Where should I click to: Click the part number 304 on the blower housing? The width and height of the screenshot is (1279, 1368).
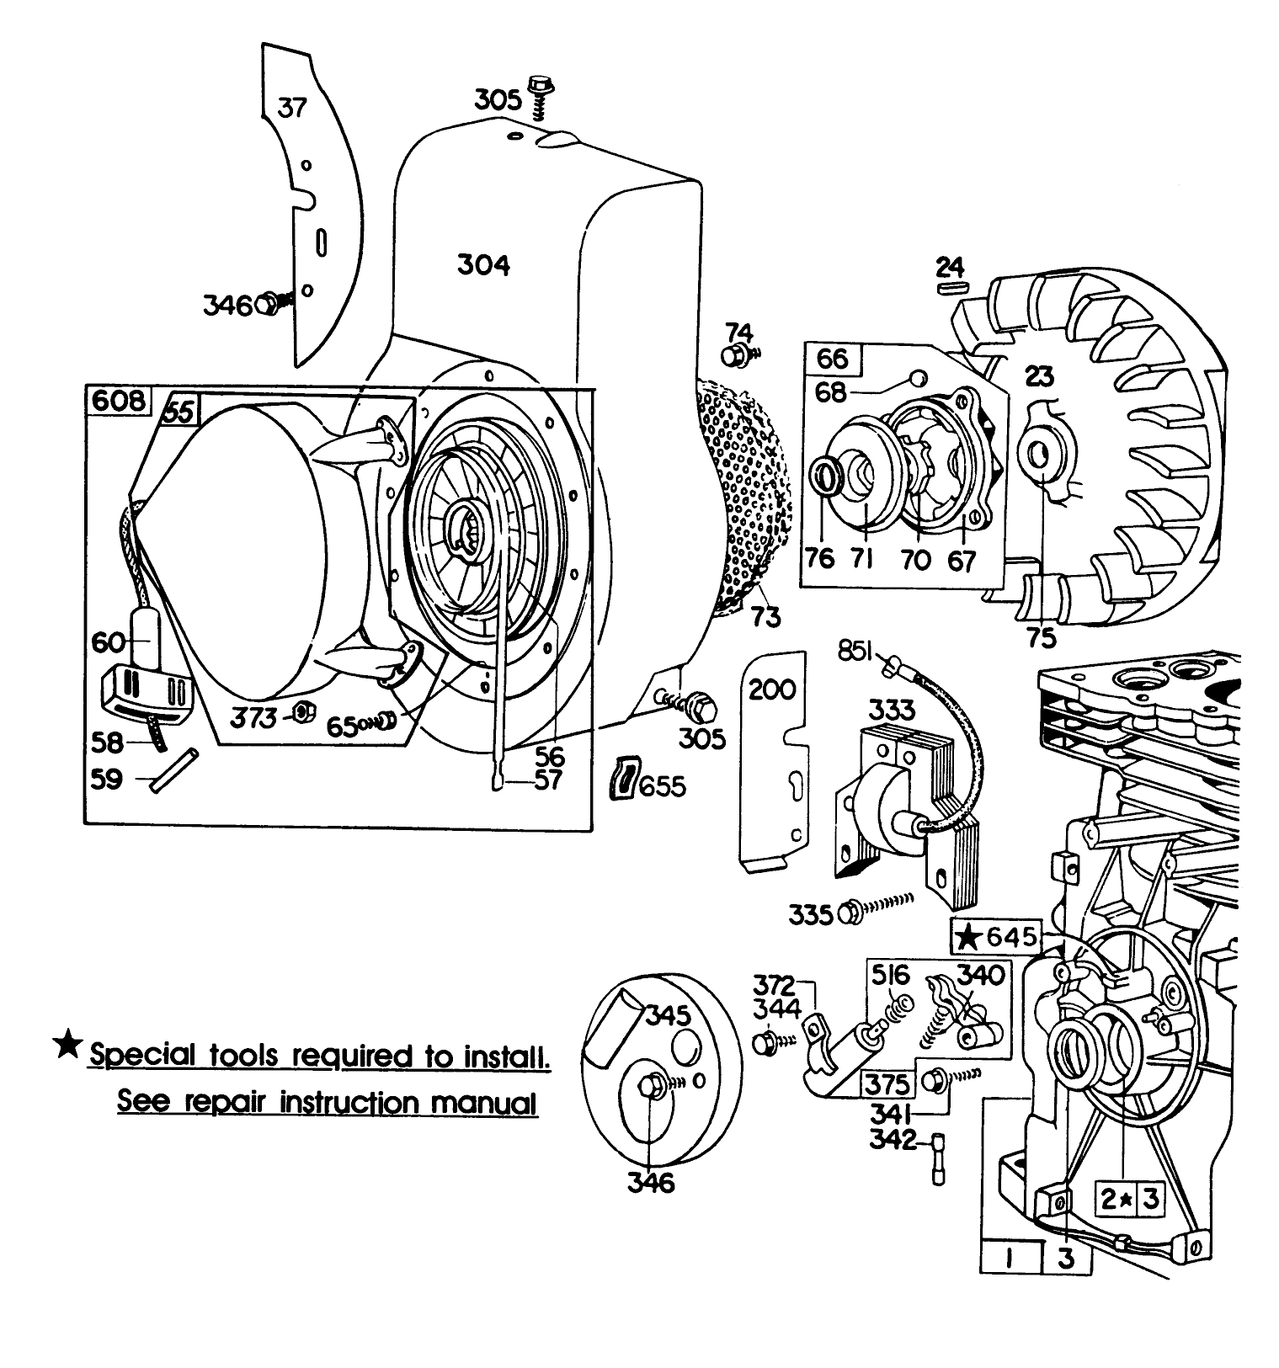click(483, 265)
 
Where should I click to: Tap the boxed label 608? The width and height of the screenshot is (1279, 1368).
click(119, 401)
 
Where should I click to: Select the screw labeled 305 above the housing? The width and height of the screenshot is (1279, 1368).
click(538, 94)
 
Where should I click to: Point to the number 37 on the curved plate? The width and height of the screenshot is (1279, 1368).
click(292, 109)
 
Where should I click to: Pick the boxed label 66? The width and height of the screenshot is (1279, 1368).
click(832, 359)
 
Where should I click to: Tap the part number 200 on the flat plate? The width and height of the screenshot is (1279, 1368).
click(772, 689)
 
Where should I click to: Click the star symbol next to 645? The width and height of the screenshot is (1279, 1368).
click(971, 936)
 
